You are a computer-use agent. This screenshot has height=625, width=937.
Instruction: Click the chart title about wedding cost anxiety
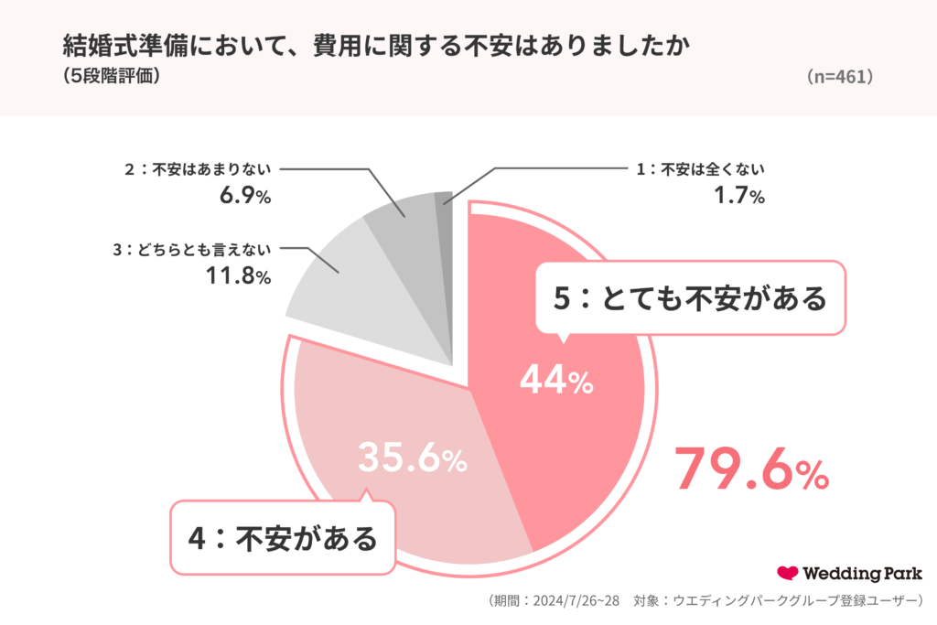pos(373,47)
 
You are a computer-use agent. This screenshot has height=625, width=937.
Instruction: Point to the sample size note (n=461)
pos(839,78)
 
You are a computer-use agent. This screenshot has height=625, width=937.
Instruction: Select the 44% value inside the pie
pos(556,380)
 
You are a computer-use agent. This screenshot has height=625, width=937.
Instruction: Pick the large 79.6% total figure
pos(751,469)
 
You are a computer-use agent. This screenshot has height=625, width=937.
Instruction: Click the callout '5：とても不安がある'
pos(689,297)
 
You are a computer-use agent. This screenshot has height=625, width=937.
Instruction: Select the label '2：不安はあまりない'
pos(199,169)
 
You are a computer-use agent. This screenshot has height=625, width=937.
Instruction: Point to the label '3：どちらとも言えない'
pos(192,249)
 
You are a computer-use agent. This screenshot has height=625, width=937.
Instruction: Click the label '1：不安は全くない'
pos(700,169)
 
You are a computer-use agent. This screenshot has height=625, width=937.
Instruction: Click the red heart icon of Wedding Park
pos(787,574)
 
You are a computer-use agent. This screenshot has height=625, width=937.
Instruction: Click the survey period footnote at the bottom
pos(704,601)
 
